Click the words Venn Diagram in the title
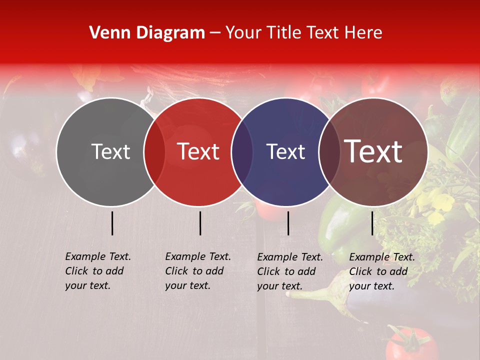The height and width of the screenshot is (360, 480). (147, 33)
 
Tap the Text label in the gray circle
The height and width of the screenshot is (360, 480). (110, 152)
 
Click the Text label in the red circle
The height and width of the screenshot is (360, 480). (198, 151)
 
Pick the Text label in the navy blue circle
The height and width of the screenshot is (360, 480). (285, 152)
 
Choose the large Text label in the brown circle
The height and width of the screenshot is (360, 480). (373, 151)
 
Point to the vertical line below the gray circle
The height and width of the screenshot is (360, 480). (112, 223)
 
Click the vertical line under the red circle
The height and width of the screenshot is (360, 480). (200, 223)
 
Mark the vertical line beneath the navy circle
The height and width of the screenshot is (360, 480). (288, 223)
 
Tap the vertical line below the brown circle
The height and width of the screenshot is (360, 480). (372, 223)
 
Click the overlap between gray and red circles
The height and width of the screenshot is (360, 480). (154, 152)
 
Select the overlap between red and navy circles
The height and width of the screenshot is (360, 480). (242, 152)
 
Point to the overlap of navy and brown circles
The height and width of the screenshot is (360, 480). (328, 152)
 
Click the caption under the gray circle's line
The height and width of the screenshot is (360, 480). (98, 271)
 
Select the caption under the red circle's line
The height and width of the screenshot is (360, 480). (198, 271)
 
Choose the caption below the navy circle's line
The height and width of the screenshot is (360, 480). (290, 271)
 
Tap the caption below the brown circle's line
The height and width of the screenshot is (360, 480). (382, 271)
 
